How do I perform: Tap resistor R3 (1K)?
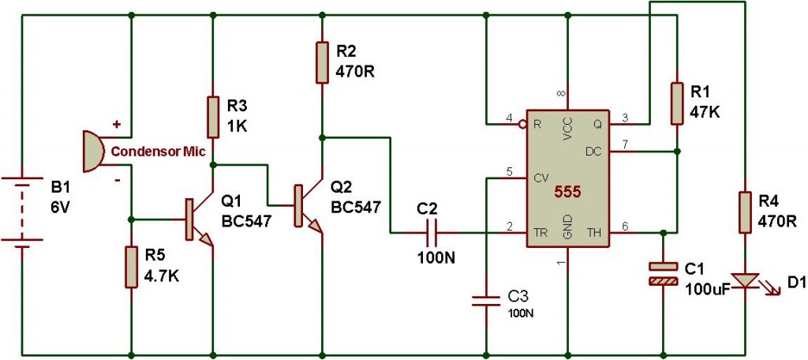[212, 117]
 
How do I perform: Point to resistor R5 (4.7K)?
[130, 267]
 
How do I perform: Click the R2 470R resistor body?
[322, 62]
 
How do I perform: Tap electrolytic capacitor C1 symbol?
[663, 273]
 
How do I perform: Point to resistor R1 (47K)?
[677, 103]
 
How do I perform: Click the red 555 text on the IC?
[567, 192]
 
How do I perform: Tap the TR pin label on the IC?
[541, 233]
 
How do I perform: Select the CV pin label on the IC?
[541, 178]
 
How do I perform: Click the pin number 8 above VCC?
[563, 95]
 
